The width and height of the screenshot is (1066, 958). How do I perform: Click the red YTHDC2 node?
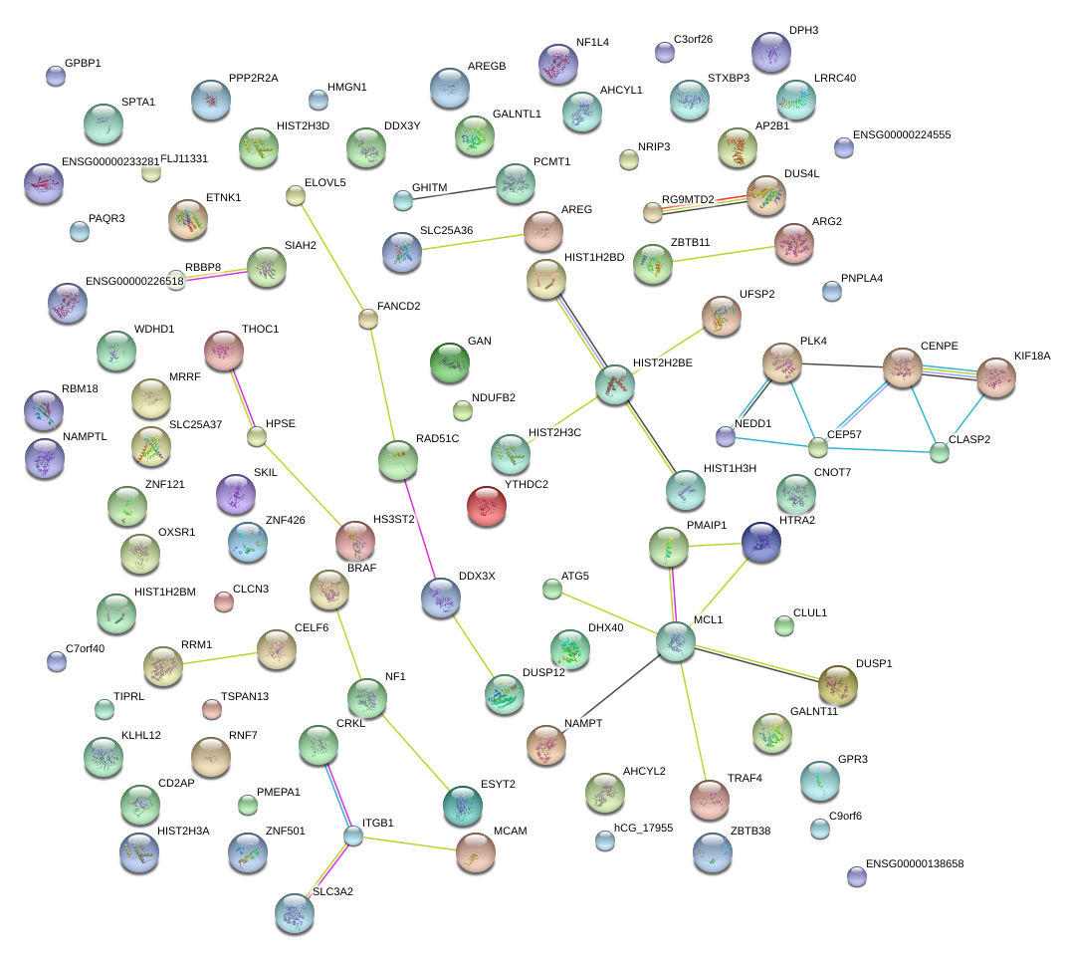(x=487, y=506)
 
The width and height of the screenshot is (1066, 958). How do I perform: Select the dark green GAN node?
(x=450, y=362)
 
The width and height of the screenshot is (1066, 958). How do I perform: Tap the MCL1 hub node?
(x=676, y=642)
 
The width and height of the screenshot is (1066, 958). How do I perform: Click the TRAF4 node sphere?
(x=709, y=798)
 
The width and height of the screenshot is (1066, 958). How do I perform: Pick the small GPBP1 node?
(x=56, y=76)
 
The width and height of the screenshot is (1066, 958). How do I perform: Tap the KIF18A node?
(x=995, y=377)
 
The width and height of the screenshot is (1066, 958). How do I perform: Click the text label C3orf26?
(x=693, y=40)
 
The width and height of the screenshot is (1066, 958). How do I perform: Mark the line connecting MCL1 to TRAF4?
(x=693, y=721)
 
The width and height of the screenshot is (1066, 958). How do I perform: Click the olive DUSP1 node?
(x=837, y=685)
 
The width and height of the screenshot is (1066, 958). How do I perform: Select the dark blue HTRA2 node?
(x=761, y=542)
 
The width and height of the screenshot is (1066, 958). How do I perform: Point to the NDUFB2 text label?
(x=493, y=397)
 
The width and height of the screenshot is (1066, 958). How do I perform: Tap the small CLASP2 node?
(x=940, y=453)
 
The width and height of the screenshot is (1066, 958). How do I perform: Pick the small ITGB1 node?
(x=353, y=836)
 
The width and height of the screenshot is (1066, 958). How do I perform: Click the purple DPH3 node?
(x=770, y=52)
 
